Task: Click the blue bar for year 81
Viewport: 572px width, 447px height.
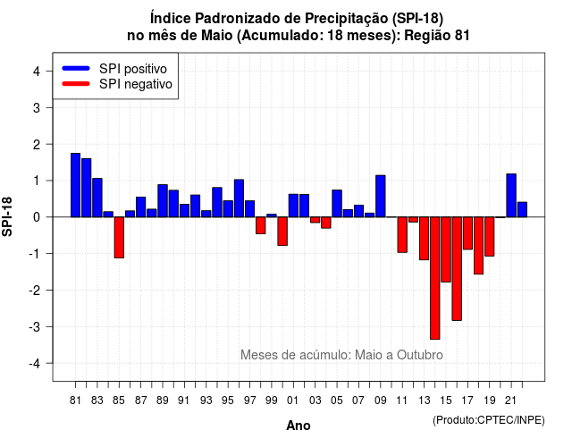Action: [75, 185]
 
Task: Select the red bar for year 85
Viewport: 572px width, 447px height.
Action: [119, 238]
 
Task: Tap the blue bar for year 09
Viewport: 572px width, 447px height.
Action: [381, 197]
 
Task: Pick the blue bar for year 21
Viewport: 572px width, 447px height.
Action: [511, 196]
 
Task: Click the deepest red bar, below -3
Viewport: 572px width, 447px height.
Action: [435, 278]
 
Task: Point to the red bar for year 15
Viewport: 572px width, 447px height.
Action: [446, 249]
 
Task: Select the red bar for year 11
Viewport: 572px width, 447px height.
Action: [402, 234]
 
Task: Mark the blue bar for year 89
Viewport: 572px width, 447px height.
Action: [163, 200]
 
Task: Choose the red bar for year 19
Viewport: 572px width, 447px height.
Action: [490, 236]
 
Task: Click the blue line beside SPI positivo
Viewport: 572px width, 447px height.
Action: [76, 68]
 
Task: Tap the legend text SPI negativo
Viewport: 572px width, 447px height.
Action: [136, 84]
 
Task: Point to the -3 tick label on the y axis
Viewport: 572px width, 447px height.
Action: [35, 327]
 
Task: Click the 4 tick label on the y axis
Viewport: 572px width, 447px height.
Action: [37, 72]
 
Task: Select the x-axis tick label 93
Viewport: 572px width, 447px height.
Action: [206, 401]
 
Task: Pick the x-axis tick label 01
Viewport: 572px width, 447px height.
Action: [293, 401]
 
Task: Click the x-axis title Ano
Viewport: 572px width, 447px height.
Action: [299, 426]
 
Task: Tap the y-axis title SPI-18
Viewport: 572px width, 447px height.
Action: [7, 216]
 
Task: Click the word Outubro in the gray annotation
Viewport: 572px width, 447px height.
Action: [420, 355]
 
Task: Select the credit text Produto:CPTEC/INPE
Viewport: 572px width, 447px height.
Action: [489, 420]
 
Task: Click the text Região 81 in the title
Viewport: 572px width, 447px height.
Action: [437, 36]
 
